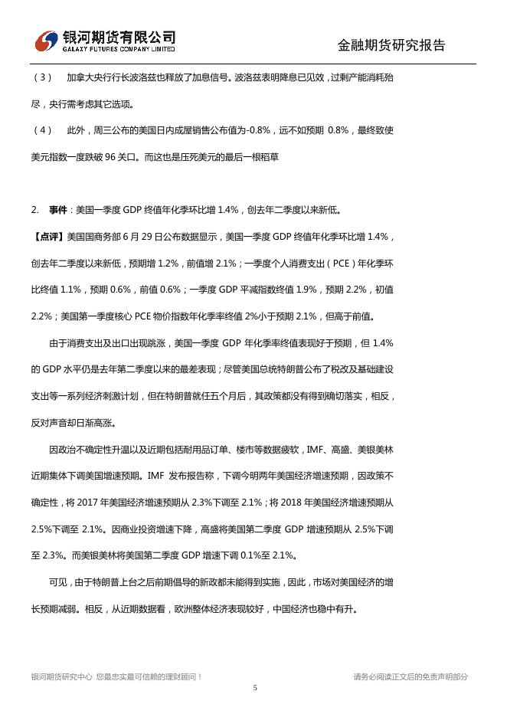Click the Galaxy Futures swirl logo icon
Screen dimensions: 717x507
tap(47, 39)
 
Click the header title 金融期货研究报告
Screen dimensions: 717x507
tap(391, 45)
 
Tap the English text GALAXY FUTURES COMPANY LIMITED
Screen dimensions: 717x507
tap(118, 48)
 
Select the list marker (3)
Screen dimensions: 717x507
tap(43, 77)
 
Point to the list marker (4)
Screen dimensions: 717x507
tap(43, 130)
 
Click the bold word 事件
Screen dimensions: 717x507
tap(58, 209)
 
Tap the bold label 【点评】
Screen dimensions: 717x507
tap(48, 236)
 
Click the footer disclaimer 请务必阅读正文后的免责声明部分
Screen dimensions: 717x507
tap(411, 676)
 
